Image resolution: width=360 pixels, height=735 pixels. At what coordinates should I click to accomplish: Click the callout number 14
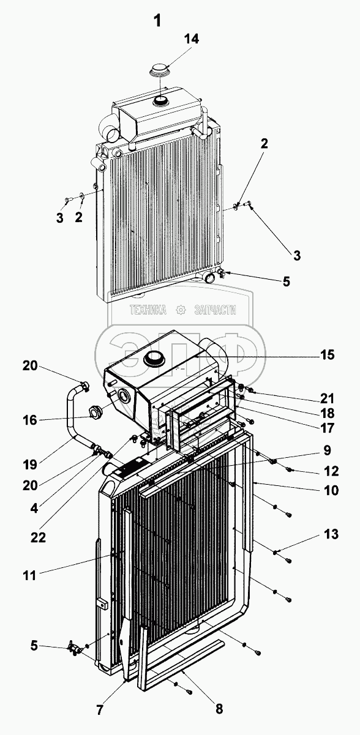(191, 39)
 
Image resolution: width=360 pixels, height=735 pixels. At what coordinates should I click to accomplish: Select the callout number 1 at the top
(157, 21)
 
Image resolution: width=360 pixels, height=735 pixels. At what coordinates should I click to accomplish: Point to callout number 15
(327, 355)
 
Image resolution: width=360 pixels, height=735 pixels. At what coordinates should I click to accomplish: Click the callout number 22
(38, 537)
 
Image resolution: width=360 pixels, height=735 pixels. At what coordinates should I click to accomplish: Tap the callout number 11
(29, 575)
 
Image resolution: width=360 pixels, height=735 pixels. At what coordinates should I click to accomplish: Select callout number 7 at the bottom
(99, 710)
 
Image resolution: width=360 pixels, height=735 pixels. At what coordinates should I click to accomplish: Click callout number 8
(219, 709)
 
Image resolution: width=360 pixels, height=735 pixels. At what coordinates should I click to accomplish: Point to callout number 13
(331, 534)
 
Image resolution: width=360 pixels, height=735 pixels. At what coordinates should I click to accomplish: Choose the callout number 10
(331, 490)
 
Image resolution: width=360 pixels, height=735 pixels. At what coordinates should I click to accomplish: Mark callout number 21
(327, 398)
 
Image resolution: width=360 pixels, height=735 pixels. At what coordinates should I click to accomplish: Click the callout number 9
(327, 450)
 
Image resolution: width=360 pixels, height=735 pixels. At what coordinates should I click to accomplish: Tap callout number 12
(331, 471)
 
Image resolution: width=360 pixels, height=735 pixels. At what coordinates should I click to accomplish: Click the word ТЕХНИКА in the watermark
(148, 310)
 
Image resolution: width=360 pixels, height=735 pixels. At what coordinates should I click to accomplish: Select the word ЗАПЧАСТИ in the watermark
(216, 310)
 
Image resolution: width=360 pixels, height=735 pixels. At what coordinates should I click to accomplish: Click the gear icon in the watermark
(181, 310)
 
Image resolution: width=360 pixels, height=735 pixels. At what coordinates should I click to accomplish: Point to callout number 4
(34, 509)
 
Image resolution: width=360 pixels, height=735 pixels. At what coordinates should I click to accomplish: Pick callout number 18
(327, 412)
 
